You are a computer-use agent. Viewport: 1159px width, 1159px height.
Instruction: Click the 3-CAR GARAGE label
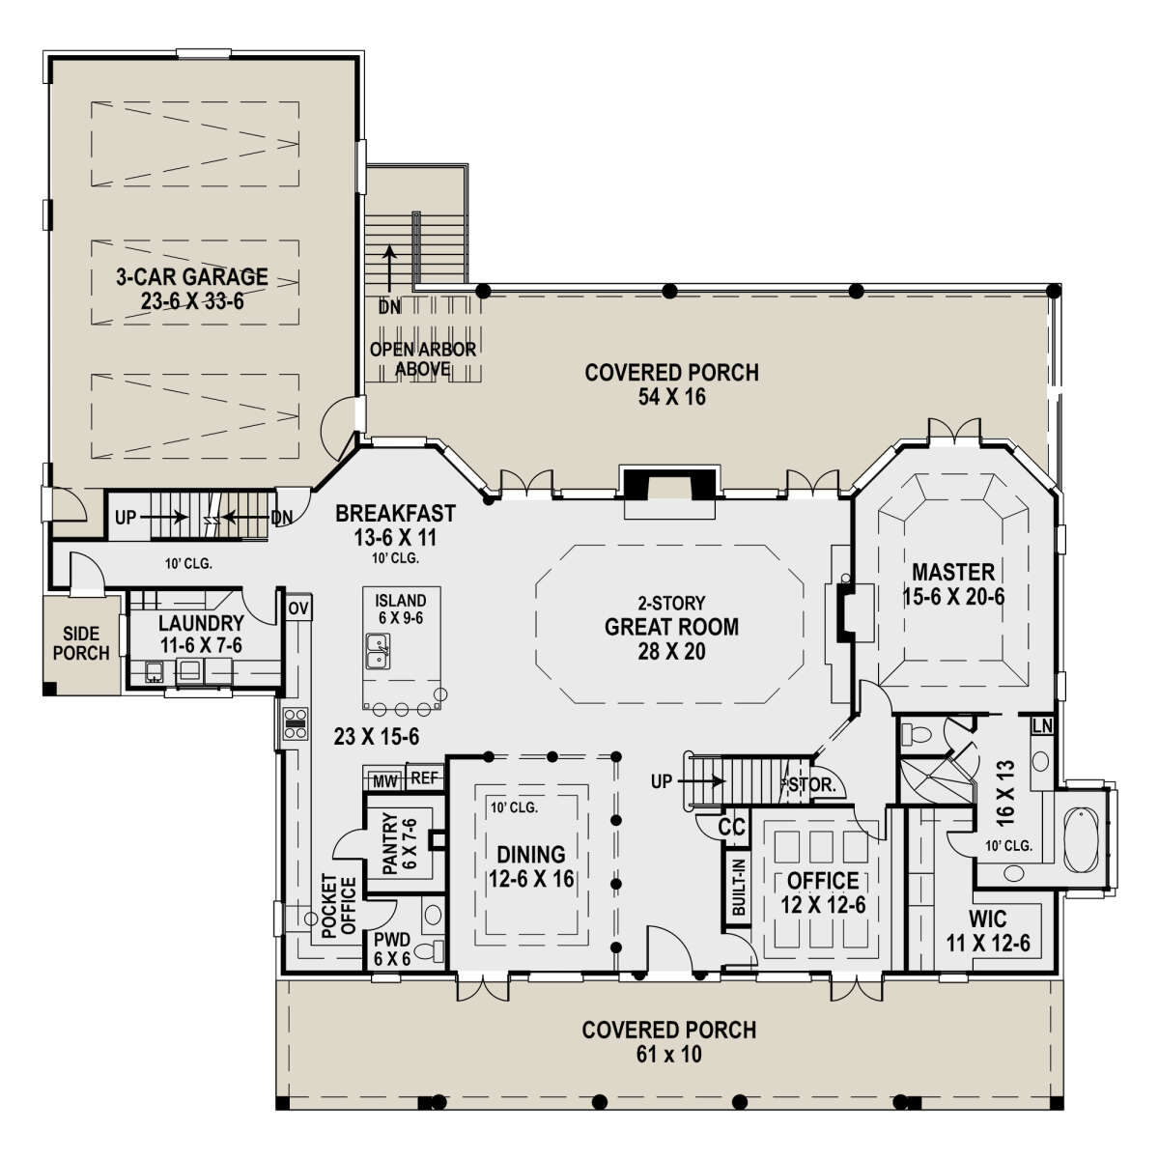[192, 276]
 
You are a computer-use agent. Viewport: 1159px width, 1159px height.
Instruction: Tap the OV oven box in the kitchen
[298, 608]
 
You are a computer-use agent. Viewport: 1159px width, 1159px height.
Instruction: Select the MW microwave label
[385, 782]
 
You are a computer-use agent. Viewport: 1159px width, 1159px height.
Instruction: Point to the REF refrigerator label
[424, 778]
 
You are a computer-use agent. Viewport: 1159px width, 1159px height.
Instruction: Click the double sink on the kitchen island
[378, 651]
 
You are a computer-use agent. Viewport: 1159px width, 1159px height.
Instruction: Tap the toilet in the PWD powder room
[428, 951]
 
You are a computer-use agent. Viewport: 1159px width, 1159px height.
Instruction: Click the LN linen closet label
[1042, 726]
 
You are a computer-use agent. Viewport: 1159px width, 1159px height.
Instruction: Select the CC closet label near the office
[731, 828]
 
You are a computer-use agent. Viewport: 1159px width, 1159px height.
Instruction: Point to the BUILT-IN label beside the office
[739, 888]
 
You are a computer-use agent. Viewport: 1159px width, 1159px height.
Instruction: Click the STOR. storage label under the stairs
[813, 784]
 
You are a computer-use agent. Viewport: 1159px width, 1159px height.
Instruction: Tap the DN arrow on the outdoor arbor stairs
[390, 276]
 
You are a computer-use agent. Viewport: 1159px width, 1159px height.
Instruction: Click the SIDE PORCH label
[81, 643]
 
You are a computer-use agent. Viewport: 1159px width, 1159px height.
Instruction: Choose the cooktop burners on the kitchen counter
[296, 723]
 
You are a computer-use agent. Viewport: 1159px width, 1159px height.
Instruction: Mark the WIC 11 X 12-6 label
[988, 932]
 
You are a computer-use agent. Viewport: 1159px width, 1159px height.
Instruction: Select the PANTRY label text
[390, 843]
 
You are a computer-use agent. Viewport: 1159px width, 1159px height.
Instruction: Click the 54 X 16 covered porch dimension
[672, 397]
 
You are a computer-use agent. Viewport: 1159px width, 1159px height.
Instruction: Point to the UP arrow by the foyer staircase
[702, 781]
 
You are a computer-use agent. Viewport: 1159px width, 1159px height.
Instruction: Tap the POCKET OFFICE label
[339, 906]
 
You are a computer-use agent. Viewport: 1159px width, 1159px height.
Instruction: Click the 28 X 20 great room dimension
[672, 651]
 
